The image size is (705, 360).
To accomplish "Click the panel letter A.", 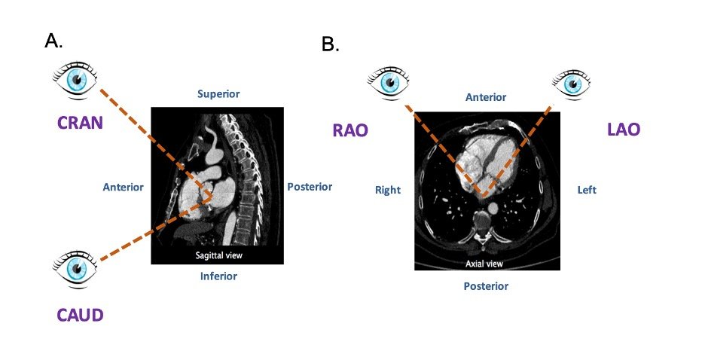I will (53, 41).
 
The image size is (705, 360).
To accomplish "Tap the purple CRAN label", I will (80, 123).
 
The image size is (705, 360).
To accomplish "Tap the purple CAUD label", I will (80, 314).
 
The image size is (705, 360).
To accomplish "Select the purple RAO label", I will (350, 130).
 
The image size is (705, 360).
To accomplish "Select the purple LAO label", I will (623, 130).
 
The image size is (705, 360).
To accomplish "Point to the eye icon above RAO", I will (389, 81).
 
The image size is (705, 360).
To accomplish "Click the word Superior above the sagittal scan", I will (218, 94).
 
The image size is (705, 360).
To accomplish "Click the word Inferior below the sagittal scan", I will (218, 276).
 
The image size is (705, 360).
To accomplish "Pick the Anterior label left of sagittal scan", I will (123, 187).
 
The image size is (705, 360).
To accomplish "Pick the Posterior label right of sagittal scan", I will (310, 187).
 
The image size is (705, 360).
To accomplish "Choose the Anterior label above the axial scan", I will (486, 97).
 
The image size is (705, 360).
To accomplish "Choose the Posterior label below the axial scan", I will (486, 286).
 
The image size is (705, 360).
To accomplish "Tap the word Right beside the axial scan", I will (388, 190).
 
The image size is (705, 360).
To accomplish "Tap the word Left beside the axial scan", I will (587, 190).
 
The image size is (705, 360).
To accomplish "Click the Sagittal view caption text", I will (218, 256).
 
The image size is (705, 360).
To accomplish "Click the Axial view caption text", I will (486, 264).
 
